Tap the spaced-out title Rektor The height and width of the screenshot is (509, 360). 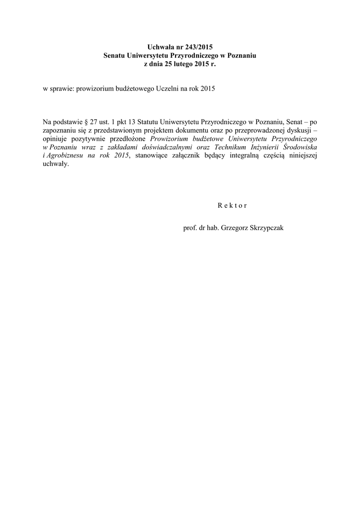pos(232,205)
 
